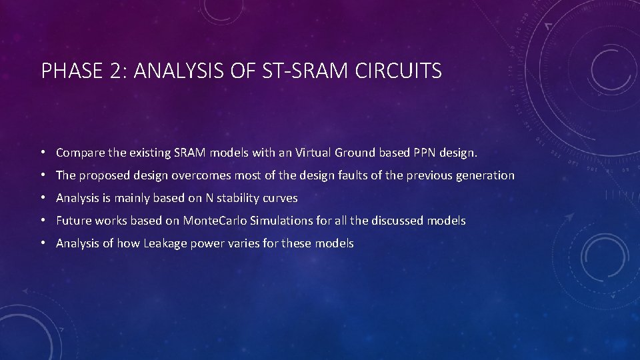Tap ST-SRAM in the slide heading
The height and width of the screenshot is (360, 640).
click(x=311, y=71)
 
